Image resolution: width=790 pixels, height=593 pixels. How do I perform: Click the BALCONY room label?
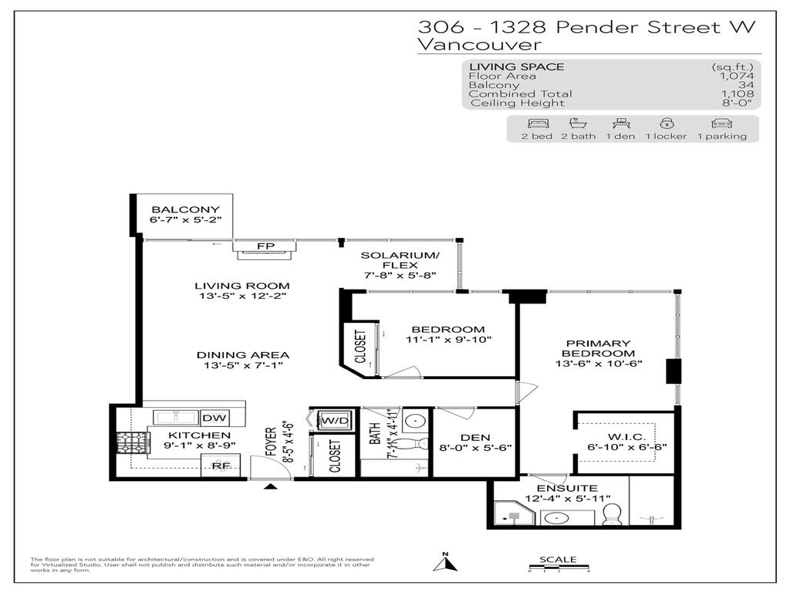click(185, 209)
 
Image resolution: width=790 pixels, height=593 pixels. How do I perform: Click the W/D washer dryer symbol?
click(333, 421)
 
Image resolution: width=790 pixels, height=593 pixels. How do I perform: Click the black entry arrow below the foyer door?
click(270, 486)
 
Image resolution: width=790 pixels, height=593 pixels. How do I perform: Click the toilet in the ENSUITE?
click(612, 513)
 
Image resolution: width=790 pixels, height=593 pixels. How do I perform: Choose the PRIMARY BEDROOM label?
click(599, 348)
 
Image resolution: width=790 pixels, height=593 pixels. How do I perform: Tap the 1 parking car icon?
click(722, 124)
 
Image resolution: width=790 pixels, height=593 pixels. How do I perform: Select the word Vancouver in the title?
click(479, 45)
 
